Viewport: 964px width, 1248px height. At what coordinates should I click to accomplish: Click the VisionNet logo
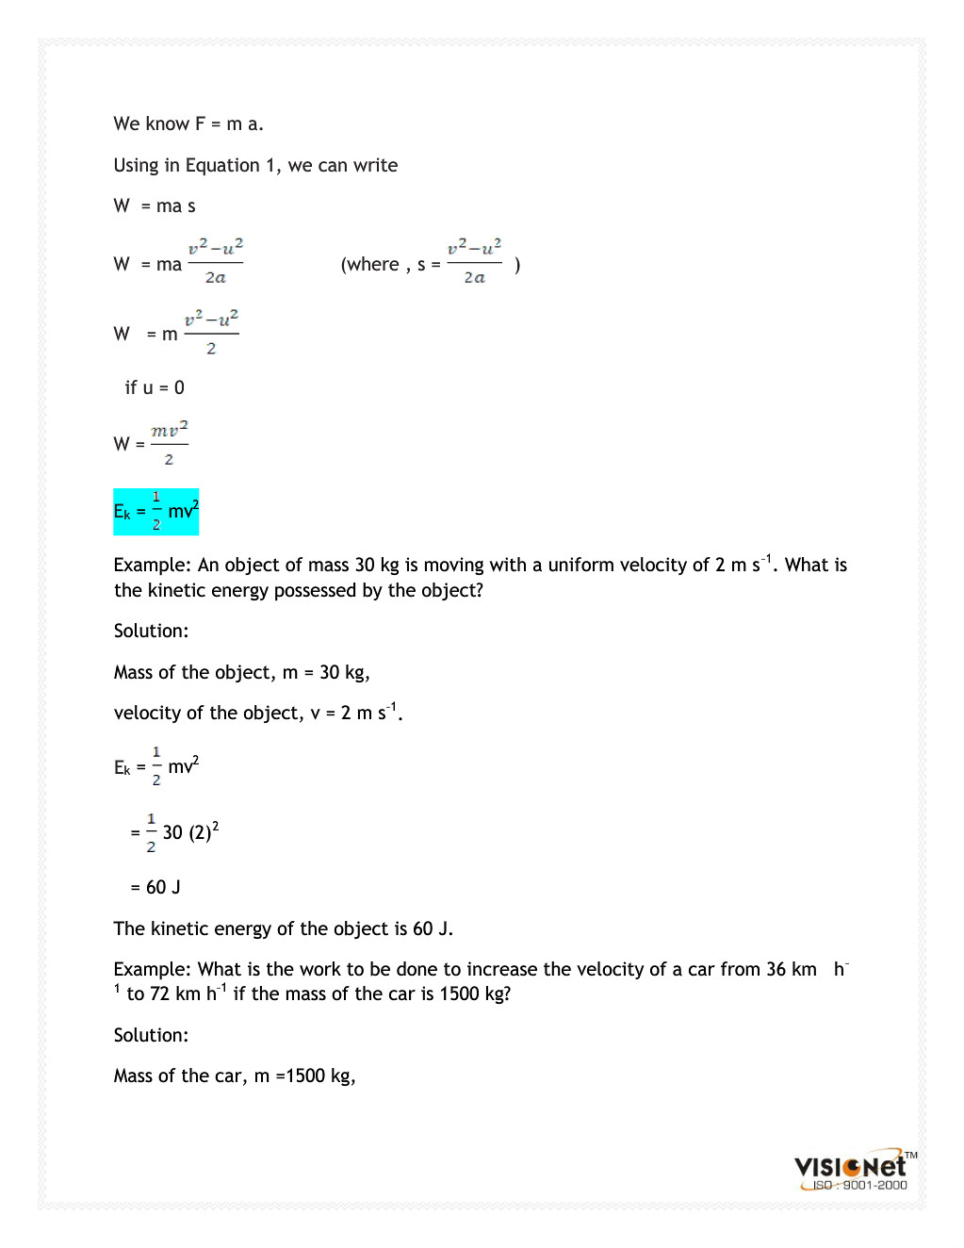(851, 1166)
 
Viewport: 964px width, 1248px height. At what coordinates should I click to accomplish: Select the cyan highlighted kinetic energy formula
(156, 512)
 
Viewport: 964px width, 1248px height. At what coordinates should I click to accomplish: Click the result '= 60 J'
(155, 887)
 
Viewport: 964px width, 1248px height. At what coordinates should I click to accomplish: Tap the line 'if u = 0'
(155, 387)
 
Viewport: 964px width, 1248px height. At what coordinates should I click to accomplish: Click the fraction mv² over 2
(170, 443)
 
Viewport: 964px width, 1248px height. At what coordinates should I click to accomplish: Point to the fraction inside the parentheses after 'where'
(474, 262)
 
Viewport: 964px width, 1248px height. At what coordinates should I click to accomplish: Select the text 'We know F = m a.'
(188, 123)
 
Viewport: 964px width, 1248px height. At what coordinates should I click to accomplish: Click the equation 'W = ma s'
(155, 205)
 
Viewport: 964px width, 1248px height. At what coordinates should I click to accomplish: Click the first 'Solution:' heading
(151, 631)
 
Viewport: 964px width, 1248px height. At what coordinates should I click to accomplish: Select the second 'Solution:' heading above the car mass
(151, 1035)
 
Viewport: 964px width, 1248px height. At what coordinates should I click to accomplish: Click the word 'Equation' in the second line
(221, 165)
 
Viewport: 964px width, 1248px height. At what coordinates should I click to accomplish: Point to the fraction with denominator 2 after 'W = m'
(211, 333)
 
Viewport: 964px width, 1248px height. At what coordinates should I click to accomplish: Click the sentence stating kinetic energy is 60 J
(283, 928)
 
